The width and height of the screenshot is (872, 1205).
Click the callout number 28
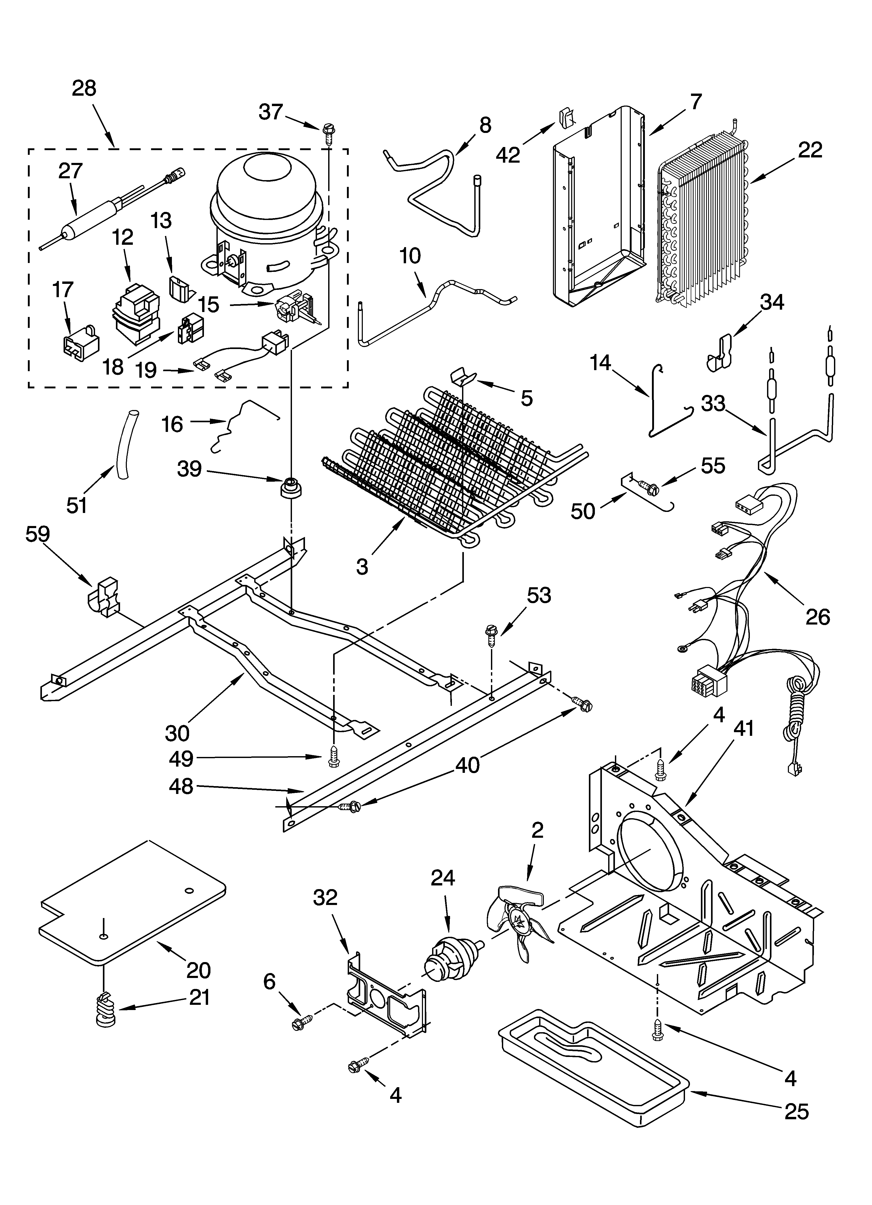point(84,88)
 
